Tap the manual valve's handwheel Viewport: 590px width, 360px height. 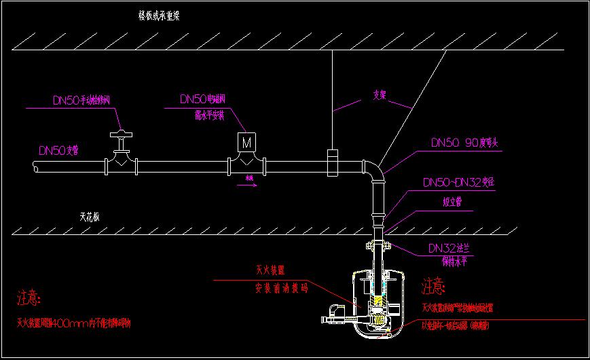[x=120, y=133]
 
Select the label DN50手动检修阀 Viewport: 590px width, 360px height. [x=81, y=101]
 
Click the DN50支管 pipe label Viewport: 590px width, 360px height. [x=58, y=150]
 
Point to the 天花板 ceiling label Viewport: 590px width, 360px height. [x=90, y=218]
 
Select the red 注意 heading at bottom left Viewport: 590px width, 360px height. [x=29, y=298]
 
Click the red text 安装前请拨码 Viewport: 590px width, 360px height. [x=276, y=288]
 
